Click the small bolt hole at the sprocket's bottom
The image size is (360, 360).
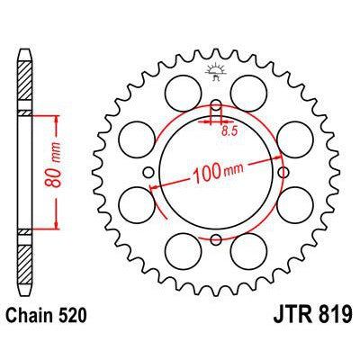tap(217, 239)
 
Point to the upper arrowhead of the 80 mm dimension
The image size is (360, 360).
tap(57, 118)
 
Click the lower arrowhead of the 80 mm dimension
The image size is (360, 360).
tap(57, 229)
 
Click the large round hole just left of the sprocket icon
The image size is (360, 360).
tap(184, 88)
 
